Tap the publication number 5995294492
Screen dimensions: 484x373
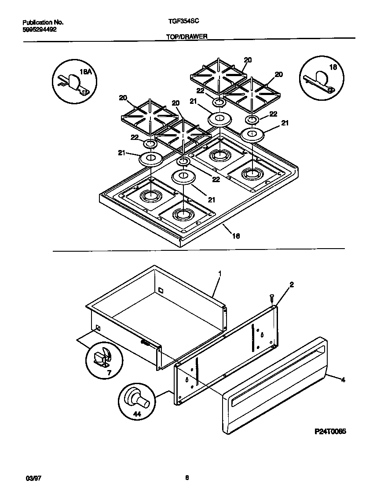(39, 29)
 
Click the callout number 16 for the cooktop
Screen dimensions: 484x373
(236, 236)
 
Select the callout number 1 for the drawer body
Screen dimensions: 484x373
(219, 274)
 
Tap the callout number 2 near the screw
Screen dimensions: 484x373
(291, 285)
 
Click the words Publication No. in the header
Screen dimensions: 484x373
(43, 22)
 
